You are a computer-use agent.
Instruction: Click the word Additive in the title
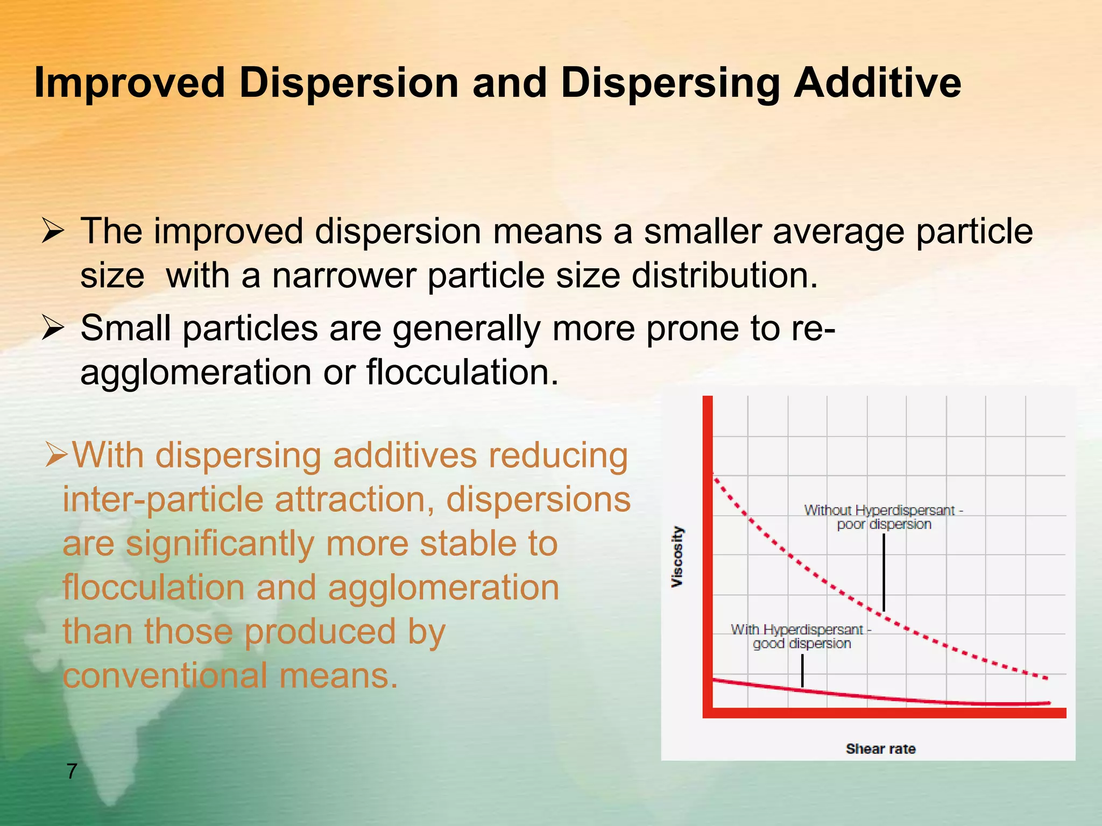[x=877, y=83]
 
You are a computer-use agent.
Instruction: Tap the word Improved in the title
[x=129, y=83]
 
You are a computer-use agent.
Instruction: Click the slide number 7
[x=72, y=771]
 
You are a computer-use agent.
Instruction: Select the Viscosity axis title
[x=677, y=557]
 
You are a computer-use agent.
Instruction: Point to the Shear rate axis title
[x=880, y=749]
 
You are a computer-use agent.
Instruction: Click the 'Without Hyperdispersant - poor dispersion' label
[x=884, y=517]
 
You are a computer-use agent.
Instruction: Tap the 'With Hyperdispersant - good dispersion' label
[x=801, y=636]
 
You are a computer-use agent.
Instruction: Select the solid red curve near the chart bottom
[x=915, y=700]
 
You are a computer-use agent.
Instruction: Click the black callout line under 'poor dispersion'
[x=884, y=573]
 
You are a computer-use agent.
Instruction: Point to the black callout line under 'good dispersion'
[x=802, y=670]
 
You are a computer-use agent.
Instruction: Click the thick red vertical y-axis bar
[x=708, y=554]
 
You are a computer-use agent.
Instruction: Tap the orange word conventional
[x=165, y=675]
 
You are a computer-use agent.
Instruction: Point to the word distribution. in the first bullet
[x=724, y=275]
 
